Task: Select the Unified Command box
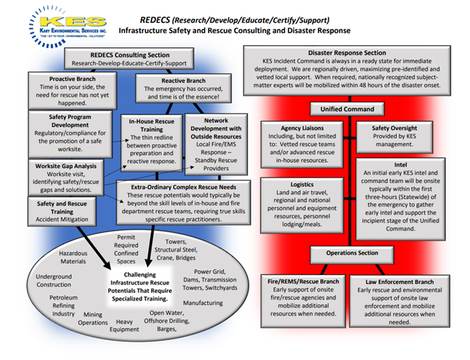tap(349, 109)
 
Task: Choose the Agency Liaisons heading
tap(297, 128)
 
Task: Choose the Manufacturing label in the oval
tap(203, 302)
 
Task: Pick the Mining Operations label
tap(94, 319)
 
